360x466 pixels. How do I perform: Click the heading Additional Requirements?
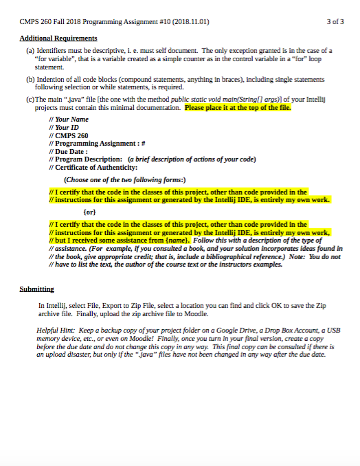point(58,38)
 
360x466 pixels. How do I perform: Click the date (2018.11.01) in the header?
point(188,21)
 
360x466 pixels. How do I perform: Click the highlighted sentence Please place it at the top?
point(238,108)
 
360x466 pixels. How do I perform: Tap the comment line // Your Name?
point(69,120)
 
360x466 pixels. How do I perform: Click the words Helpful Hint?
point(55,331)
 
